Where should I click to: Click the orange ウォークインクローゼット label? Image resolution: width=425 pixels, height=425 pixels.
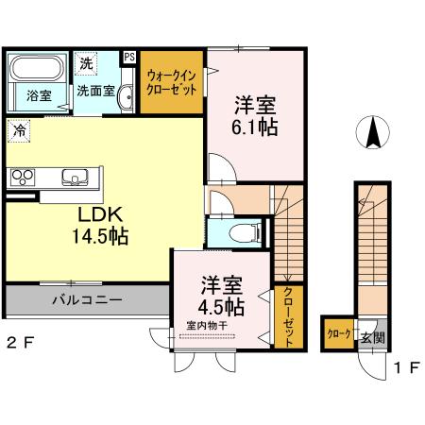click(x=173, y=84)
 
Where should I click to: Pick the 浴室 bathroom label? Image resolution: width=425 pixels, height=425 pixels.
click(x=39, y=95)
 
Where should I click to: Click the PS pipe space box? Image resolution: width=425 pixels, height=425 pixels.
click(x=129, y=57)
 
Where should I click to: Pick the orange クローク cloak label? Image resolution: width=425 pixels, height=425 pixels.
click(x=339, y=334)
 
